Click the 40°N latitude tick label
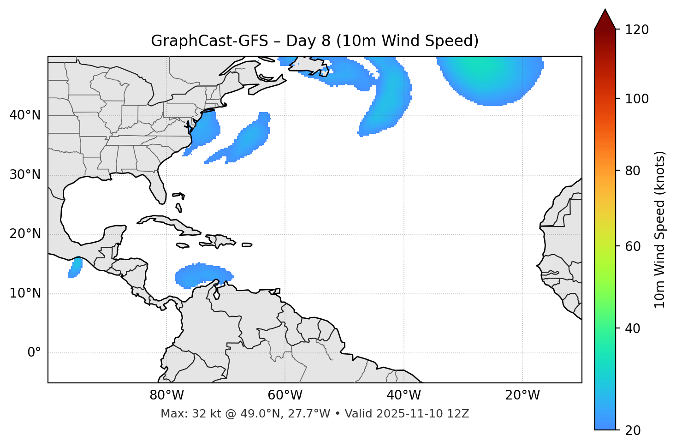[x=25, y=115]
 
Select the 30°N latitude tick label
[x=25, y=175]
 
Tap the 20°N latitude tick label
[x=25, y=234]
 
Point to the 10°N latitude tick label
[x=25, y=293]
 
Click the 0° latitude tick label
[x=34, y=353]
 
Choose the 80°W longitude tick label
[x=166, y=395]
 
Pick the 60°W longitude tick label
[x=285, y=395]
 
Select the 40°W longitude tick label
[x=403, y=395]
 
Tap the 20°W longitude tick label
[x=522, y=395]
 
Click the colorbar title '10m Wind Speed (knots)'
[x=660, y=229]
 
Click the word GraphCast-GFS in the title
[x=209, y=41]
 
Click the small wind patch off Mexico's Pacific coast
[x=75, y=268]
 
